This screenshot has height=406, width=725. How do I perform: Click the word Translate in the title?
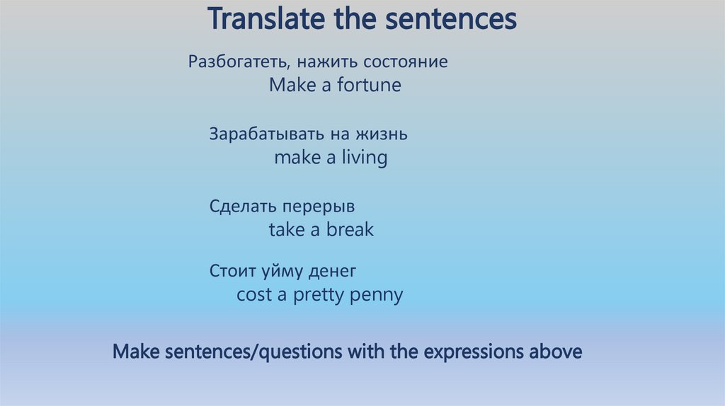(x=260, y=19)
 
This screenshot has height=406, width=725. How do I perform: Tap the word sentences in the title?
(x=450, y=19)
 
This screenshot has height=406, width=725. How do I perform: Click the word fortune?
(x=368, y=86)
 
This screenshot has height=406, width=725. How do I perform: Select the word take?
(x=285, y=230)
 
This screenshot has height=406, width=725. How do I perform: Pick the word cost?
(x=254, y=295)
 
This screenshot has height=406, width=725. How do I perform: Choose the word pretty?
(x=318, y=296)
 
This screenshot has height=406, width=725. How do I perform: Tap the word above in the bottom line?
(x=556, y=351)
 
